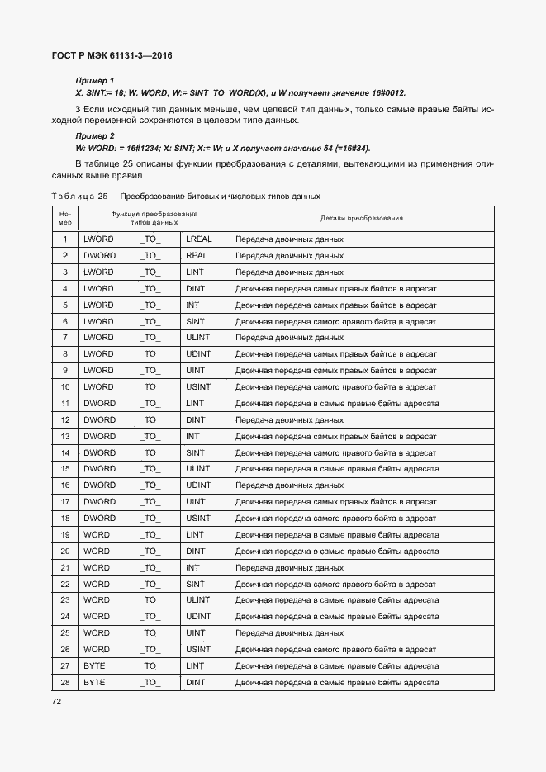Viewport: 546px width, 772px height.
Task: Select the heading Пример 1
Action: pos(95,81)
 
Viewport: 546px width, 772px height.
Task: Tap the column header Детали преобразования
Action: pos(361,219)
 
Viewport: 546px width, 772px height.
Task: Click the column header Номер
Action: pos(65,219)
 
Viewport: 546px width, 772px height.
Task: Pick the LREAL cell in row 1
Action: pos(199,239)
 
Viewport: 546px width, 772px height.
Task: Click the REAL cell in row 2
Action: pos(197,256)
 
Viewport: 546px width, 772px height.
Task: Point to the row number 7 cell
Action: pos(65,338)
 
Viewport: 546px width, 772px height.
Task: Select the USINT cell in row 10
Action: pos(198,387)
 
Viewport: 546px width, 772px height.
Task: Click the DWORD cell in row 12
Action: pos(100,420)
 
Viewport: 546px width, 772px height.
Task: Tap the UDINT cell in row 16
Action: pos(198,485)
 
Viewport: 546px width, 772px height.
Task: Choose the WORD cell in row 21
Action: pos(97,568)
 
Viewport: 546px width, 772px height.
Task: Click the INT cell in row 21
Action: pos(192,568)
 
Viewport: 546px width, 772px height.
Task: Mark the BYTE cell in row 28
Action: pos(95,683)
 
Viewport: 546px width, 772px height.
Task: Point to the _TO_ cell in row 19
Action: pos(150,535)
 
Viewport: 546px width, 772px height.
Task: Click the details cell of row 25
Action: pos(289,633)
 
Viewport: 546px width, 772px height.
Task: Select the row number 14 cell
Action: pos(65,452)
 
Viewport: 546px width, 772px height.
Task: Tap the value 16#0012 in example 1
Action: pos(387,93)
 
